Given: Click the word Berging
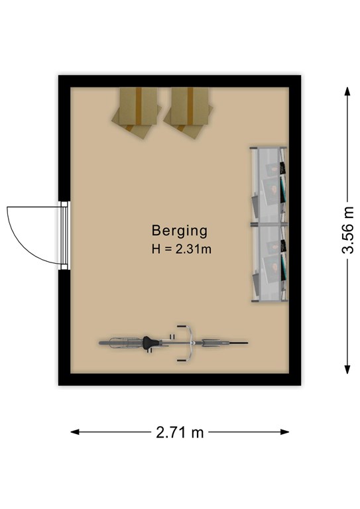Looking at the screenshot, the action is [x=179, y=231].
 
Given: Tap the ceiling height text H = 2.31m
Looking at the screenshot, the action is [x=182, y=249].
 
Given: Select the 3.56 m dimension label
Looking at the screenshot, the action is [x=347, y=230].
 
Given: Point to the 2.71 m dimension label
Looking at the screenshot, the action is [x=180, y=432].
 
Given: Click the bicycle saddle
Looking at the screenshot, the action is [x=150, y=343].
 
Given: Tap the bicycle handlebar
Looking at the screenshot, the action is [x=190, y=343].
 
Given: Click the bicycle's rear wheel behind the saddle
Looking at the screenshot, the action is [x=121, y=343].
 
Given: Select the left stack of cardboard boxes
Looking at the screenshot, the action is [x=137, y=112].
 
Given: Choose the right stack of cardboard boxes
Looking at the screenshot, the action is [x=188, y=112].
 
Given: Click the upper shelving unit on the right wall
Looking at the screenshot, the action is [x=269, y=186].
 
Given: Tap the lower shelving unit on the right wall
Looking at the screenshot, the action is [x=269, y=263].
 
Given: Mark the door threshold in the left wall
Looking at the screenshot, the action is [x=64, y=235].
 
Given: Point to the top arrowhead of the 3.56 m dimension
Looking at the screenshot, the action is [x=347, y=91].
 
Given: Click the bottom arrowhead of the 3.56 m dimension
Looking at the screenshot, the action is [x=347, y=369].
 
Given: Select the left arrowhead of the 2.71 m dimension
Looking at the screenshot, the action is [x=76, y=432].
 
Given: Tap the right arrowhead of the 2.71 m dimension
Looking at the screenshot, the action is [x=284, y=432].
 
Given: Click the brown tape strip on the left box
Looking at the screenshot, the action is [x=139, y=105].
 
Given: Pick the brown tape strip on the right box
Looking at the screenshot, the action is [x=190, y=105].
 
